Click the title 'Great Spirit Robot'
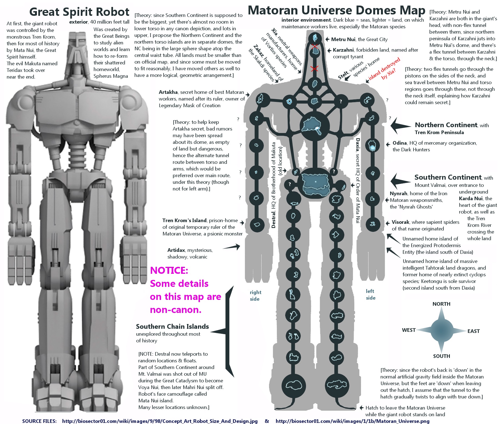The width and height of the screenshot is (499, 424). [79, 12]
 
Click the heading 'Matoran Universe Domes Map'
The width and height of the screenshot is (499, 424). [336, 11]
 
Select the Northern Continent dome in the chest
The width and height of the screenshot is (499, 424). [314, 125]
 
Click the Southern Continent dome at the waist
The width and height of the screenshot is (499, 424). [315, 182]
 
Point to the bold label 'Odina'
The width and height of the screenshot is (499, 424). [400, 143]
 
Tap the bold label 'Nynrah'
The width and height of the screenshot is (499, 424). [398, 194]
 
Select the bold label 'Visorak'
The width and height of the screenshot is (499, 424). [400, 222]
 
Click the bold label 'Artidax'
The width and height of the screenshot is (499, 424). [176, 250]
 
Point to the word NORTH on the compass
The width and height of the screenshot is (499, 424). [441, 304]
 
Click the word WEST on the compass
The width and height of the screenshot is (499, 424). [409, 330]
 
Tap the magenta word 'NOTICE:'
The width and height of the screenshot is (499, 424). [169, 270]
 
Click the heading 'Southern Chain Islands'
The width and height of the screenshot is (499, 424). [172, 327]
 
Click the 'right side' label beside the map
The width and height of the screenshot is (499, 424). [255, 295]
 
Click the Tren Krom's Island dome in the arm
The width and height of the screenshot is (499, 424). [257, 224]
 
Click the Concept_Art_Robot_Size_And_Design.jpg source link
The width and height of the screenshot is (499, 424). [160, 421]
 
